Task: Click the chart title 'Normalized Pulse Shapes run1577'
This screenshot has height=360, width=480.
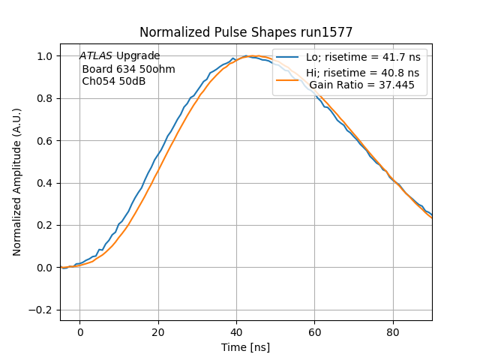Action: tap(246, 33)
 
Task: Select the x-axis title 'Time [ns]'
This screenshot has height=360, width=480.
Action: tap(246, 347)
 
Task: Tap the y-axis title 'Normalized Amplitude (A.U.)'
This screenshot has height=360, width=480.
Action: tap(17, 182)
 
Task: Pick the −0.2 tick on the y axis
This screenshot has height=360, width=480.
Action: tap(43, 310)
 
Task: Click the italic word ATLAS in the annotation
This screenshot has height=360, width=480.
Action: tap(96, 56)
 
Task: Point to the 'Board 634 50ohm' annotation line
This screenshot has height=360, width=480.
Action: tap(128, 69)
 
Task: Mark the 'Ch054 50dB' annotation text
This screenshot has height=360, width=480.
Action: tap(114, 81)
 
